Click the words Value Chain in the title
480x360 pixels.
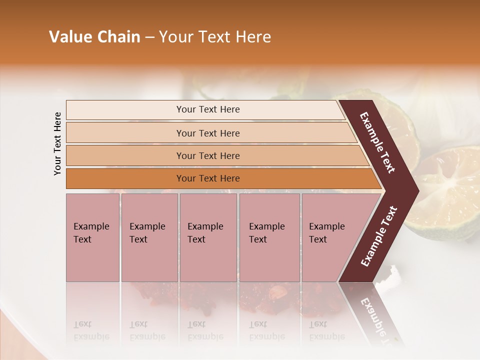(94, 37)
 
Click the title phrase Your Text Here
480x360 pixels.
(215, 37)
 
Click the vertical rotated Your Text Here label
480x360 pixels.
(57, 144)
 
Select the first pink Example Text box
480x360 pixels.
(92, 237)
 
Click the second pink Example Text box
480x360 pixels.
(149, 237)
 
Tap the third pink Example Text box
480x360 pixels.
(208, 237)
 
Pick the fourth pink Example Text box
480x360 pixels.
(269, 237)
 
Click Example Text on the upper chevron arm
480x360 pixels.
(377, 142)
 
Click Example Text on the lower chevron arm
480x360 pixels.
(378, 236)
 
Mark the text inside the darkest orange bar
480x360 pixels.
(208, 178)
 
